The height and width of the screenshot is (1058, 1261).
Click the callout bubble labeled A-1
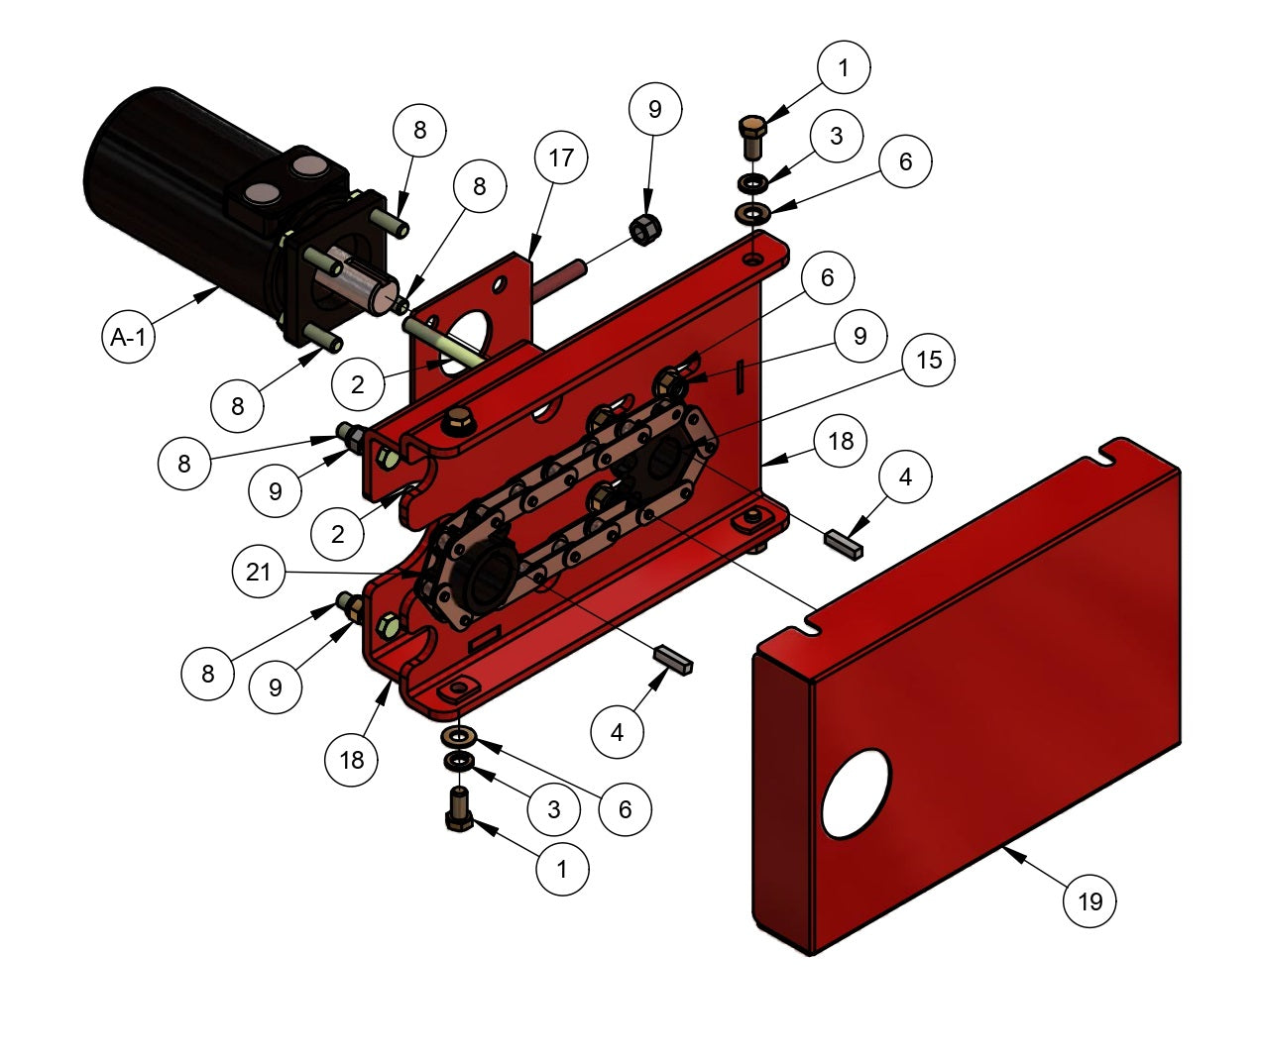(128, 336)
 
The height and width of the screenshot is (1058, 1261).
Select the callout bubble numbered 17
(561, 158)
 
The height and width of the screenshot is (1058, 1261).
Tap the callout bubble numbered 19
(1089, 901)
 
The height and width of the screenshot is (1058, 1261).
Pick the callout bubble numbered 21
(259, 571)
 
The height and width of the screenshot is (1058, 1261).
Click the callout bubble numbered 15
(928, 360)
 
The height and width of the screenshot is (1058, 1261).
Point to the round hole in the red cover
(857, 793)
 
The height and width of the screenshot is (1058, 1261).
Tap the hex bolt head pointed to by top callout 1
(752, 126)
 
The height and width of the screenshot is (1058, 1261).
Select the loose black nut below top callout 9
(645, 230)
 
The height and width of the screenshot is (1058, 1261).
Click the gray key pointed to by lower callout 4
(674, 659)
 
